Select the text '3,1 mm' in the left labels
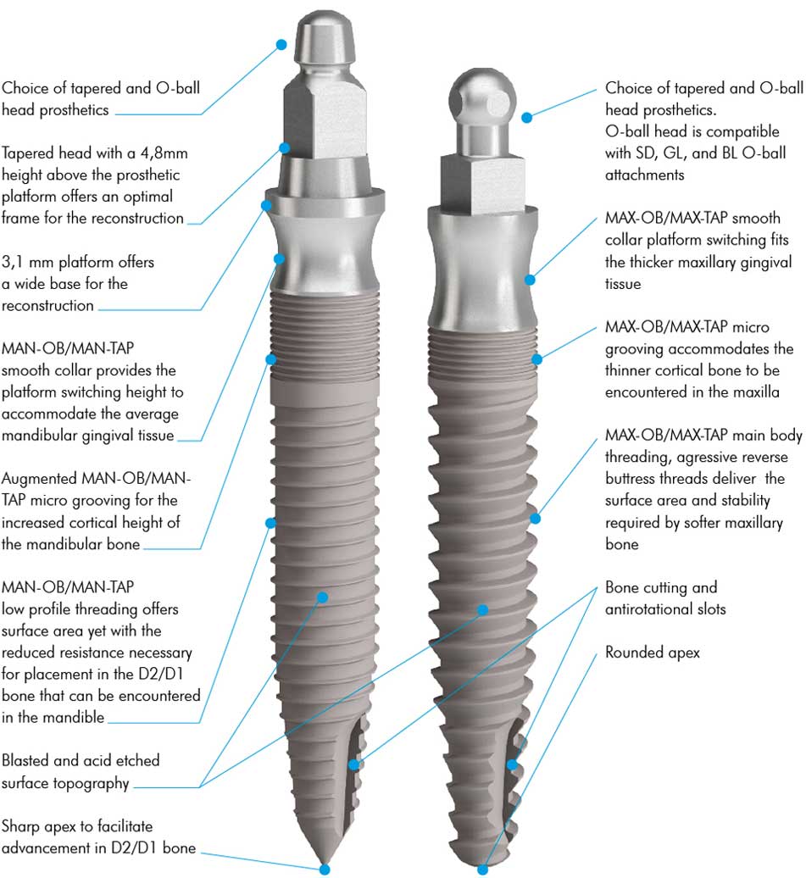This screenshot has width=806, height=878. coord(25,262)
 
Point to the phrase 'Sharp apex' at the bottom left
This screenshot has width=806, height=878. coord(38,825)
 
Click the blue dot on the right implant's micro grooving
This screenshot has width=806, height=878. coord(536,359)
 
